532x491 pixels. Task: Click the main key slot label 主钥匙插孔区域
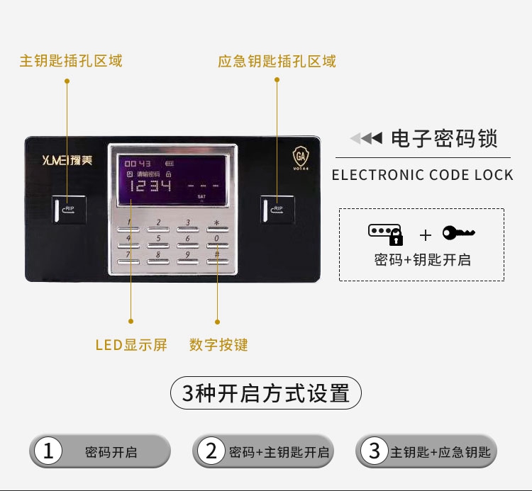point(71,61)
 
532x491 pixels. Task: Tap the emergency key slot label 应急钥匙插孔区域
point(277,61)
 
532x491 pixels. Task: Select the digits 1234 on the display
point(150,186)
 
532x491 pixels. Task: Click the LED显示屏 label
point(131,345)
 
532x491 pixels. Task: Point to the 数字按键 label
point(218,345)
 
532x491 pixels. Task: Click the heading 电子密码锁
point(444,138)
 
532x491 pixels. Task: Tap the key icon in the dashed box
point(458,232)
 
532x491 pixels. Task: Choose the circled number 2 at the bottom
point(211,451)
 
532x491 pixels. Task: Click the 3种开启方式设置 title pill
point(266,393)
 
